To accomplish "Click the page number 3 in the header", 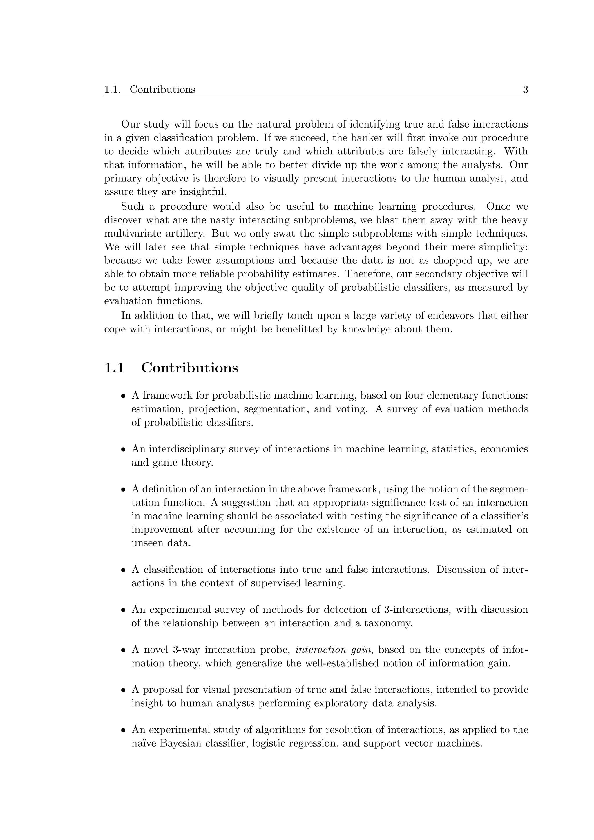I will [x=525, y=90].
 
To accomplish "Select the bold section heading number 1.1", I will [x=114, y=368].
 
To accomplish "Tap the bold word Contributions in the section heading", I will [x=190, y=368].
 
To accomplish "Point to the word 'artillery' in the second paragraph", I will [x=183, y=233].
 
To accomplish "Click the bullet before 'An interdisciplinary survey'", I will [x=124, y=450].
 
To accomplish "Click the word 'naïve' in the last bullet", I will [x=144, y=743].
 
